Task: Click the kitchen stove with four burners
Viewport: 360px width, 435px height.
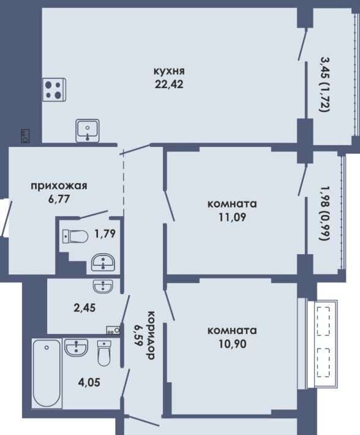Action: pyautogui.click(x=54, y=89)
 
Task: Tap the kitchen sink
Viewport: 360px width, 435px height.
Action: pyautogui.click(x=88, y=130)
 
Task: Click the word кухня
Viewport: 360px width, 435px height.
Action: pyautogui.click(x=169, y=71)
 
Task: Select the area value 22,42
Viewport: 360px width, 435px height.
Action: pyautogui.click(x=169, y=85)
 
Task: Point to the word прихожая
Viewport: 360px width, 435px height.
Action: pyautogui.click(x=59, y=186)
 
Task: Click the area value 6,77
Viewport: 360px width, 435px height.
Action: pyautogui.click(x=59, y=199)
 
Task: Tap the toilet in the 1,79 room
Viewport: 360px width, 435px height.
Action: pyautogui.click(x=75, y=236)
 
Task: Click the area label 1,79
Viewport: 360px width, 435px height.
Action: pyautogui.click(x=105, y=233)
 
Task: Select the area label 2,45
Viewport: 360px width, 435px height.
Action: pyautogui.click(x=84, y=308)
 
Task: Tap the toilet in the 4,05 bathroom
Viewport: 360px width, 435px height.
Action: pyautogui.click(x=104, y=353)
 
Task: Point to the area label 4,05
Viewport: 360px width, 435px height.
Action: pyautogui.click(x=89, y=382)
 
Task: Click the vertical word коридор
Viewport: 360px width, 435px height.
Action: pyautogui.click(x=150, y=335)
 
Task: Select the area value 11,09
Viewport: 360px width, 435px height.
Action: pyautogui.click(x=232, y=217)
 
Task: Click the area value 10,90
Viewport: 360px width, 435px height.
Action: pyautogui.click(x=232, y=344)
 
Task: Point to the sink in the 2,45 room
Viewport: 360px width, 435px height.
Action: pyautogui.click(x=103, y=286)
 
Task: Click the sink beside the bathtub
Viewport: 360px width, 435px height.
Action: pyautogui.click(x=76, y=347)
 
